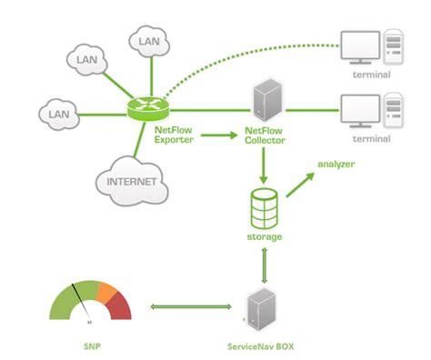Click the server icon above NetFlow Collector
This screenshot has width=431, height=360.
click(x=266, y=101)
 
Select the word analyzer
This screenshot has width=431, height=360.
click(x=336, y=164)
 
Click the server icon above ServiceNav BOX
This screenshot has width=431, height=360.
click(x=260, y=309)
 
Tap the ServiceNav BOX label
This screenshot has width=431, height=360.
click(x=261, y=346)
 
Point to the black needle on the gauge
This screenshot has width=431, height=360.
click(x=83, y=304)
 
